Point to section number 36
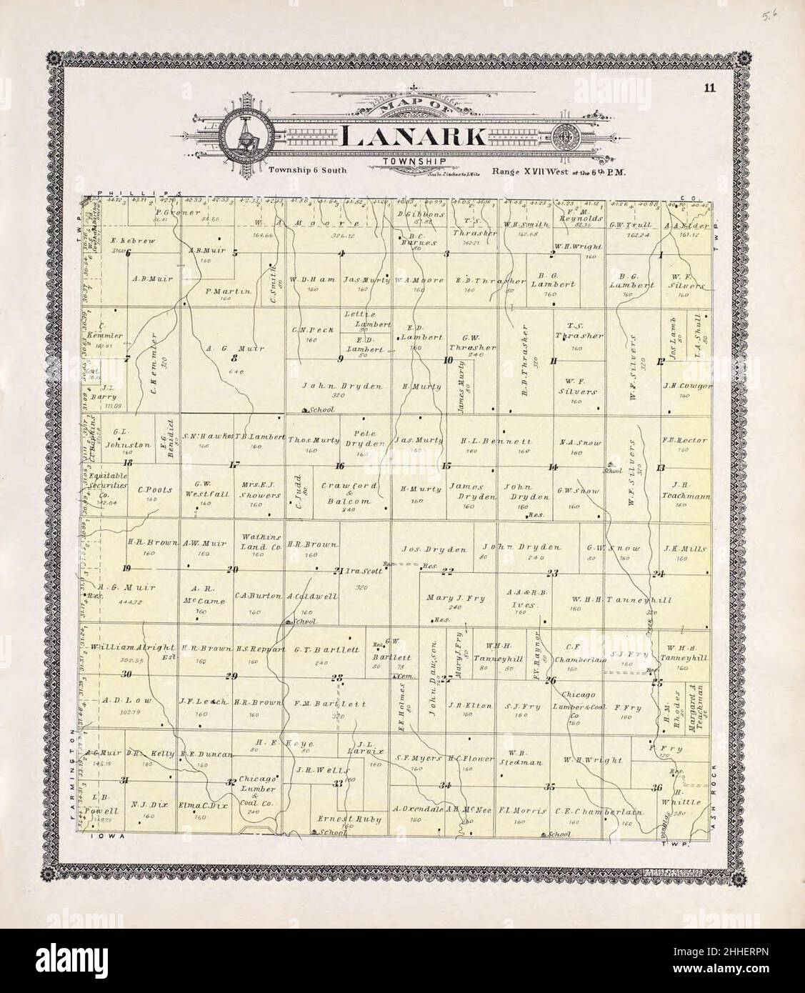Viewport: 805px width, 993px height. click(x=657, y=787)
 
